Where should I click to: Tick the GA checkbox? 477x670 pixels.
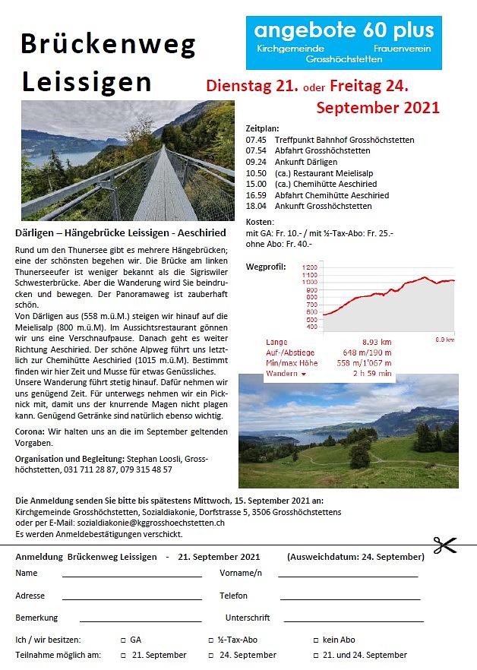click(x=124, y=640)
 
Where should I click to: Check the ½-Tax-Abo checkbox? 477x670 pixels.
click(x=211, y=640)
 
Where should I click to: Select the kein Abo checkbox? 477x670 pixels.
click(x=315, y=640)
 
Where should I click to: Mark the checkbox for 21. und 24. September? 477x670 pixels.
click(x=315, y=655)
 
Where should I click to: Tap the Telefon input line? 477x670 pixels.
click(x=349, y=598)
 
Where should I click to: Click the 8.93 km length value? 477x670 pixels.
click(x=375, y=343)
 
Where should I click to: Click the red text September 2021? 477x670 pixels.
click(x=377, y=107)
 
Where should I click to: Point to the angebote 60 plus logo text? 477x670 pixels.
click(x=344, y=30)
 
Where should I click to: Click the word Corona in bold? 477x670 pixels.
click(x=30, y=431)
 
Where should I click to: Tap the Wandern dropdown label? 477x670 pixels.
click(x=286, y=373)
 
